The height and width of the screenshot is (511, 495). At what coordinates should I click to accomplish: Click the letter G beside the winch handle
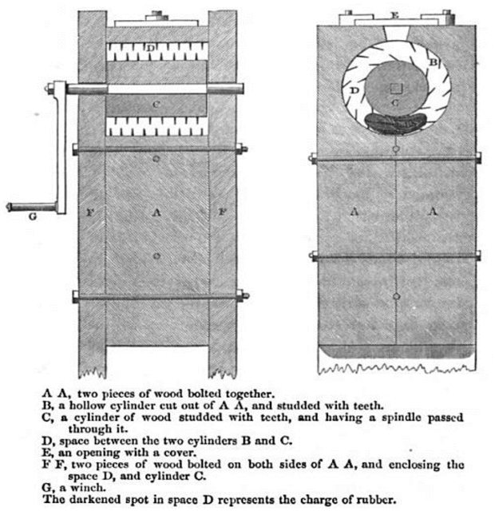point(32,216)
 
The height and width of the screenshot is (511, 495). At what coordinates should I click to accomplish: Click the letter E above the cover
point(395,15)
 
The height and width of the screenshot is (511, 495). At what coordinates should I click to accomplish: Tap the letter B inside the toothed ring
point(433,61)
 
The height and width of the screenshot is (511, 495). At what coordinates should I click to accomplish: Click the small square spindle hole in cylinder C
point(397,89)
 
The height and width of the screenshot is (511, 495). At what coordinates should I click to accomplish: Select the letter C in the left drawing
point(156,105)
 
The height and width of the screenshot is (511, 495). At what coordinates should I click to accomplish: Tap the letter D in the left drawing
point(151,48)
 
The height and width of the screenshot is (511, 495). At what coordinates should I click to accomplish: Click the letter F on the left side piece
point(90,213)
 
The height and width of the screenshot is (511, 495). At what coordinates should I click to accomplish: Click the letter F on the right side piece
point(222,212)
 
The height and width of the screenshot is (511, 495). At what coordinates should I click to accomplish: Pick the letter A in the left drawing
point(156,212)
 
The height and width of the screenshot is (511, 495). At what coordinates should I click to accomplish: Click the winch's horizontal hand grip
point(31,207)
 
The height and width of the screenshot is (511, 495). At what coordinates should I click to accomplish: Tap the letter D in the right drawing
point(354,90)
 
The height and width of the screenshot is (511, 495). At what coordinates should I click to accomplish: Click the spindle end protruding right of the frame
point(225,88)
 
